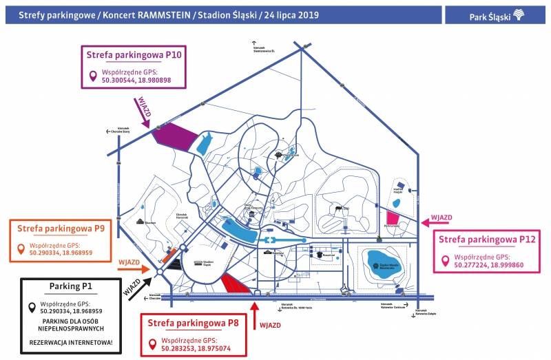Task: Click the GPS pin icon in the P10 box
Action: pyautogui.click(x=92, y=76)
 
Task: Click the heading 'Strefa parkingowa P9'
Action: pyautogui.click(x=61, y=228)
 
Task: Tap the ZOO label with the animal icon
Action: pyautogui.click(x=340, y=207)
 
